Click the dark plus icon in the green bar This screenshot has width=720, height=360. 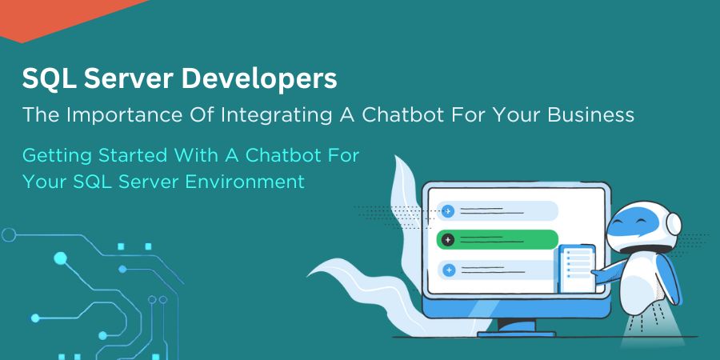pyautogui.click(x=448, y=239)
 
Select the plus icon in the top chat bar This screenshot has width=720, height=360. pyautogui.click(x=448, y=211)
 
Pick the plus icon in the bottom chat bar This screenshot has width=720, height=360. pyautogui.click(x=448, y=270)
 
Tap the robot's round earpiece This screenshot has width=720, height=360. pyautogui.click(x=674, y=223)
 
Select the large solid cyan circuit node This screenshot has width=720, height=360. pyautogui.click(x=60, y=258)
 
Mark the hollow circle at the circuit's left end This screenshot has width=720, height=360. pyautogui.click(x=9, y=234)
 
